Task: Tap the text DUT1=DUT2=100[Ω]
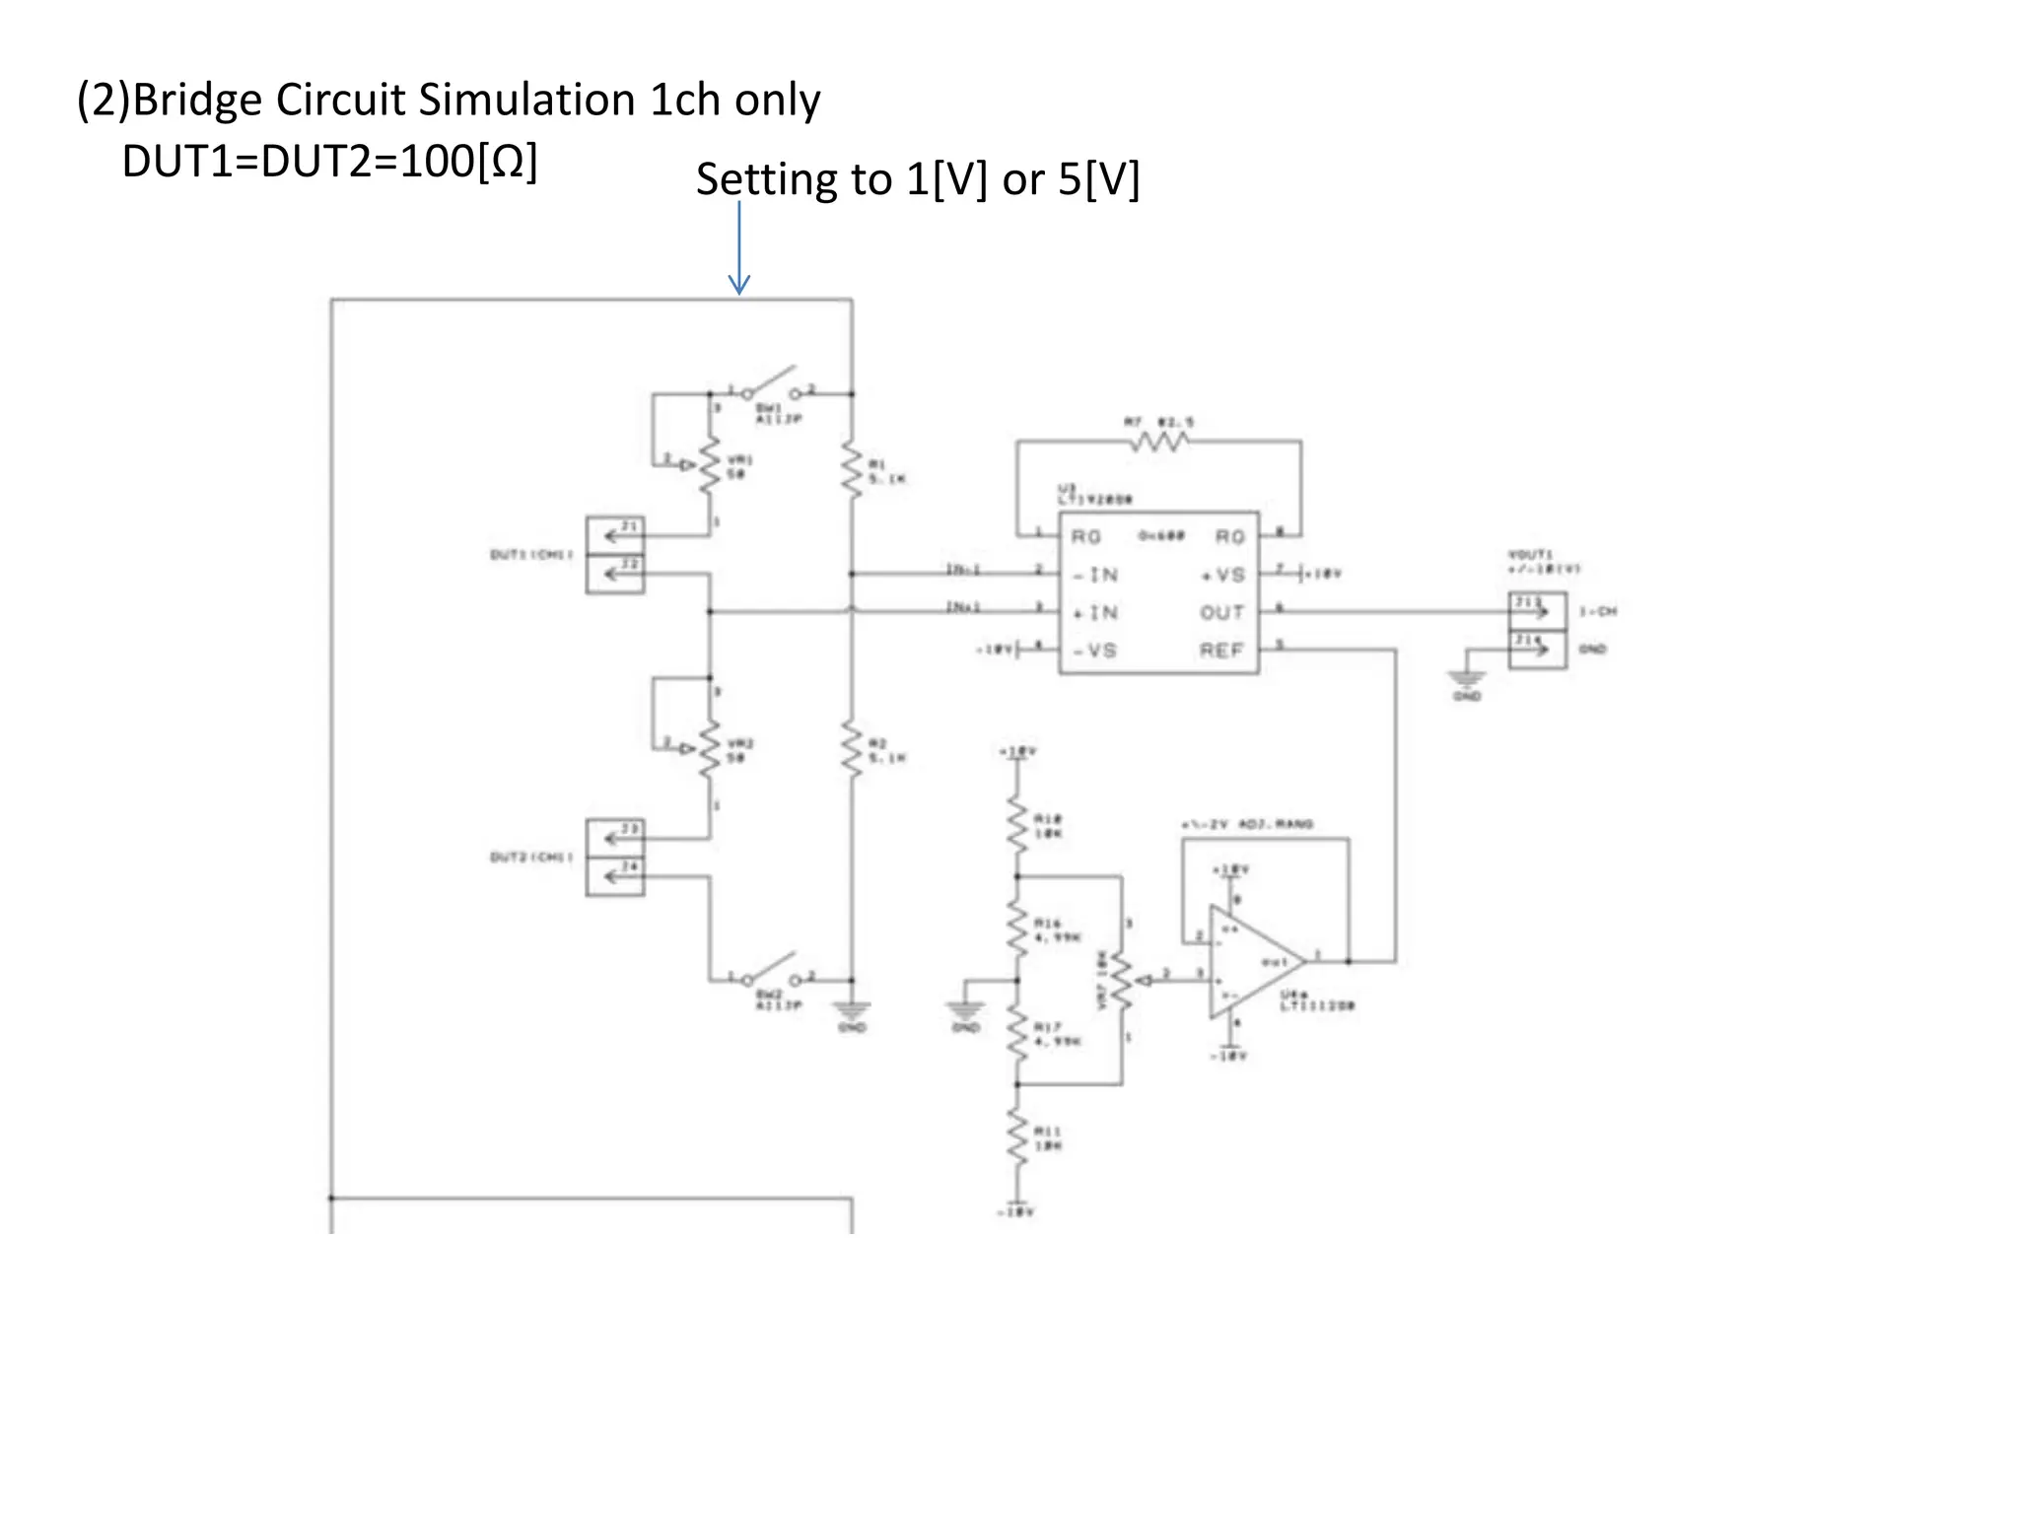click(x=329, y=162)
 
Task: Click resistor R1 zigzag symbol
click(x=852, y=470)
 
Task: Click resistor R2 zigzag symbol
click(x=852, y=749)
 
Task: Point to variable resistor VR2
click(x=710, y=749)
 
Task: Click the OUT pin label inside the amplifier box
click(x=1221, y=613)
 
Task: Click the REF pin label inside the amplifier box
click(x=1221, y=651)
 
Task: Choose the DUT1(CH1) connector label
click(x=531, y=555)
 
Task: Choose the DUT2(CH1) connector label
click(x=531, y=858)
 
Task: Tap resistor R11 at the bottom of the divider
click(x=1017, y=1138)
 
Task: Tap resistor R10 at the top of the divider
click(x=1017, y=826)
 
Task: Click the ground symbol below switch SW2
click(x=852, y=1011)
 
